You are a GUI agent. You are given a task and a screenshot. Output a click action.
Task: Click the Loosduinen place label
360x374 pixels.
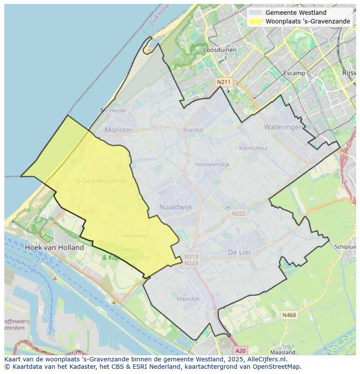pos(220,50)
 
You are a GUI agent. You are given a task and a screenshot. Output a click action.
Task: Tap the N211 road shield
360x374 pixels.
pos(223,82)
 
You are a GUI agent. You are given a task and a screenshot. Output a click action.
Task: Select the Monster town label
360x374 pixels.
pos(118,130)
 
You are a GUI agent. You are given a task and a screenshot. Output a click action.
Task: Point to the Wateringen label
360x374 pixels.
pos(283,127)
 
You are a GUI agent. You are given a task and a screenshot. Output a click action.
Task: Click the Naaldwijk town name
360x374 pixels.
pos(176,207)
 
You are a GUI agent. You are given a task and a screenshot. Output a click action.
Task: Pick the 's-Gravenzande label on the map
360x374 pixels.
pos(100,181)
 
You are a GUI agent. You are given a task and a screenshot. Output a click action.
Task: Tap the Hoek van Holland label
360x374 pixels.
pos(54,247)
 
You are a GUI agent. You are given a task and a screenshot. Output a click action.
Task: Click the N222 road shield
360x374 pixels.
pos(239,214)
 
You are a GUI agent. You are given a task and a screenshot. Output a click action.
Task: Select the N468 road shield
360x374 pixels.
pos(289,315)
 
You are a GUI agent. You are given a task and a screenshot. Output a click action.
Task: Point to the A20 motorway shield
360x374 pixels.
pos(240,351)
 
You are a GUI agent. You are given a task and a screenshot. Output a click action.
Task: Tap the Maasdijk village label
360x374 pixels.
pos(188,299)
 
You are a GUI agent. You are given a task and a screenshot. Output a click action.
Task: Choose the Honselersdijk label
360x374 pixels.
pos(212,164)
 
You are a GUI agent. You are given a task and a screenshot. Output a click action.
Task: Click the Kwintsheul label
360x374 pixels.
pos(253,148)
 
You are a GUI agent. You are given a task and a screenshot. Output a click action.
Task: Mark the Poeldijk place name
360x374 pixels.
pos(193,130)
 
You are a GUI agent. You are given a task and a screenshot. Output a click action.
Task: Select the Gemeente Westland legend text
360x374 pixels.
pos(296,13)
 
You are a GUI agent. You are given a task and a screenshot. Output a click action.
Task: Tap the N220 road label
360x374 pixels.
pos(88,212)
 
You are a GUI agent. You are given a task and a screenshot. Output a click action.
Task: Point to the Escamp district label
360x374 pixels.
pos(294,73)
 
